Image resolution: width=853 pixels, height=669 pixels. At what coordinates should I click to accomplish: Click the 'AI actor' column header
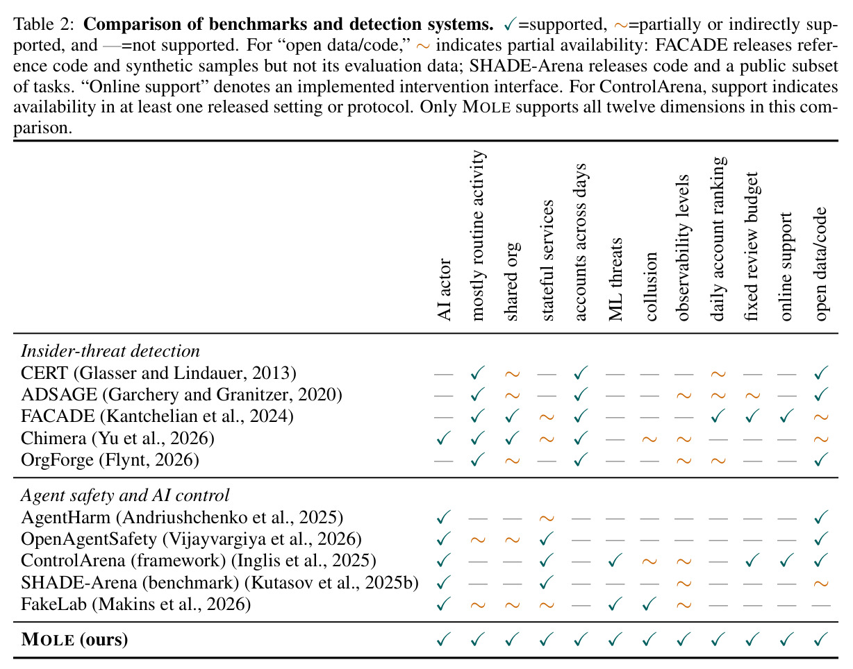[444, 290]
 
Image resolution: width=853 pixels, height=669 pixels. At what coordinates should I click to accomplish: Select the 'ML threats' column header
[615, 279]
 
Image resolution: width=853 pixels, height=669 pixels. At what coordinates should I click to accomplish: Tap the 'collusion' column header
[649, 287]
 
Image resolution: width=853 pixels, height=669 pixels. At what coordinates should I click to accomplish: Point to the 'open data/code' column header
[820, 264]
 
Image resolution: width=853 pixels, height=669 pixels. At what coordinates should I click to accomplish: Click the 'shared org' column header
[512, 282]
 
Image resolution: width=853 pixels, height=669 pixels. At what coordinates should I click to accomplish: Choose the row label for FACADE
[157, 416]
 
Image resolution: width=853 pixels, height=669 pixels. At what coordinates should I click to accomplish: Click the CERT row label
[158, 373]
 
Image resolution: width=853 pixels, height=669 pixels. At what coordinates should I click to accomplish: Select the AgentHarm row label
[182, 517]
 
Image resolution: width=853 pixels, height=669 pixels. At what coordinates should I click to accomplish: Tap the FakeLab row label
[136, 604]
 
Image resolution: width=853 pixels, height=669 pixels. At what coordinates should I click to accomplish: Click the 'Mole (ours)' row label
[74, 640]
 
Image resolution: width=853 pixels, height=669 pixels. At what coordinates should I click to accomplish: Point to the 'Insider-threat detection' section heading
[110, 351]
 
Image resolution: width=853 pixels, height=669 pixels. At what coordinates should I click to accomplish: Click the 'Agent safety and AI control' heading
[125, 496]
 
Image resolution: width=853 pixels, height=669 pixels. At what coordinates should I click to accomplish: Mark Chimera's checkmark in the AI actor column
[443, 438]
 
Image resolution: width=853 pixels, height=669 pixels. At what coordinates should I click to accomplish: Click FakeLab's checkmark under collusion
[649, 604]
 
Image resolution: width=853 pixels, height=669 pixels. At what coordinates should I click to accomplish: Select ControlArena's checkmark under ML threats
[615, 561]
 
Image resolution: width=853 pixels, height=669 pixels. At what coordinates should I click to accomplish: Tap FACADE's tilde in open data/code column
[821, 417]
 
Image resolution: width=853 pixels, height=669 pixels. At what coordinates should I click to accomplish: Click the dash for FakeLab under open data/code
[821, 606]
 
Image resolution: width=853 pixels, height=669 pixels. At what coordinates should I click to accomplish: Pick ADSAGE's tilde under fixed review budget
[752, 396]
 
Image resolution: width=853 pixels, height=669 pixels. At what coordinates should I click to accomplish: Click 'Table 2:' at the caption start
[44, 24]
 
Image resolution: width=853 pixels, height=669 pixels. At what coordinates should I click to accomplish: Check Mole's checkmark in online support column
[786, 640]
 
